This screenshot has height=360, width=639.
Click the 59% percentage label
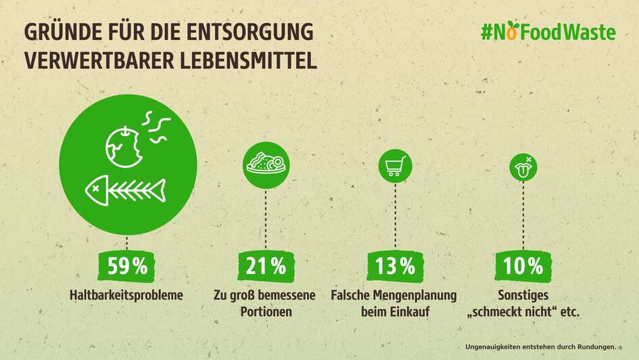pyautogui.click(x=128, y=267)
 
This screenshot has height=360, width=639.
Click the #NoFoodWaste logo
pyautogui.click(x=548, y=32)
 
